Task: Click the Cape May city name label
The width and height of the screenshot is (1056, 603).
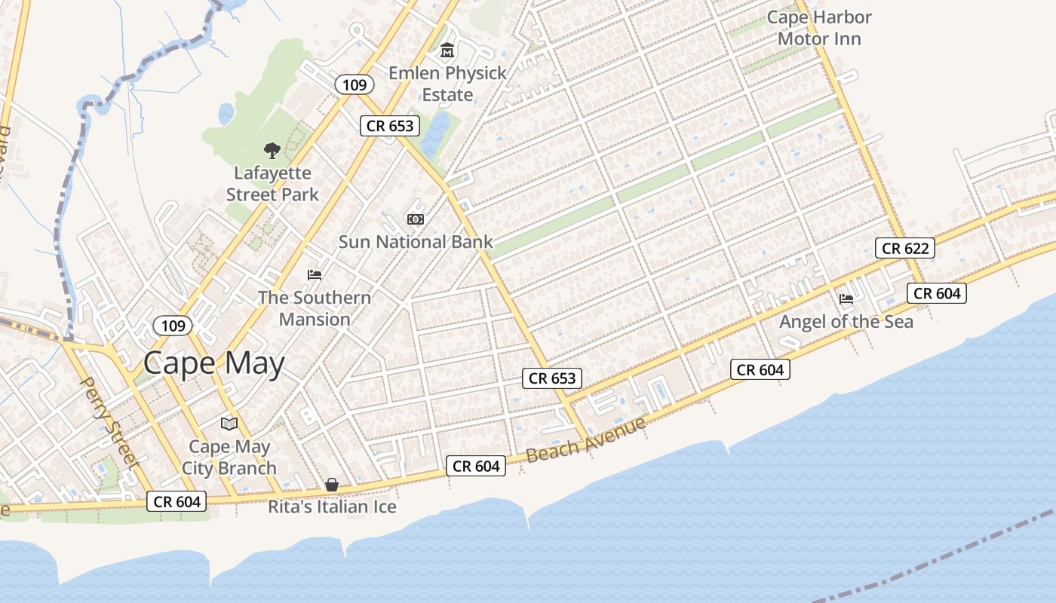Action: (x=214, y=363)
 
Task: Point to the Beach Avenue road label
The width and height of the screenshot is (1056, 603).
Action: (x=586, y=439)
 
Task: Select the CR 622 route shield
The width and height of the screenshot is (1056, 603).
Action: (x=905, y=248)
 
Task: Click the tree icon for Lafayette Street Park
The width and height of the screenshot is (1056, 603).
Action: (x=272, y=151)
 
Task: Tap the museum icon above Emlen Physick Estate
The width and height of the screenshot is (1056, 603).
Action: (x=447, y=51)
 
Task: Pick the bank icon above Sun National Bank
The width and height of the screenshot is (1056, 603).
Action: (x=415, y=219)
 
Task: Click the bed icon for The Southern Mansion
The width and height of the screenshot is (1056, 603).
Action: (x=315, y=274)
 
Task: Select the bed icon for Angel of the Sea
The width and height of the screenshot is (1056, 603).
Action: (x=846, y=299)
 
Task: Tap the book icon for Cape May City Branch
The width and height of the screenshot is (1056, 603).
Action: (x=229, y=424)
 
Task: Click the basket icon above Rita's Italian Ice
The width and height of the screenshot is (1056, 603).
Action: (x=332, y=485)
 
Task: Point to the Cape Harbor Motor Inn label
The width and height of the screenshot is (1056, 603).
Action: (x=819, y=28)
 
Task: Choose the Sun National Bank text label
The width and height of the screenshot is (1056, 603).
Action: (x=415, y=242)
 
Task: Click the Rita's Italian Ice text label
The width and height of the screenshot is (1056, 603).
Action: (x=332, y=507)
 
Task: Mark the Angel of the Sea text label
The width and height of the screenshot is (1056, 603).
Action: (x=846, y=322)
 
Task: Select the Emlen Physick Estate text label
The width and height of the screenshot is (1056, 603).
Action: (x=447, y=84)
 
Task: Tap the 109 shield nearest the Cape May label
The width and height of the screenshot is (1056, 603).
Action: (x=173, y=326)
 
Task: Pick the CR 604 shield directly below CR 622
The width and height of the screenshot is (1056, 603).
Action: (x=937, y=293)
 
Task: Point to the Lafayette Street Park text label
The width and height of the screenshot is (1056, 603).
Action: (x=272, y=184)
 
